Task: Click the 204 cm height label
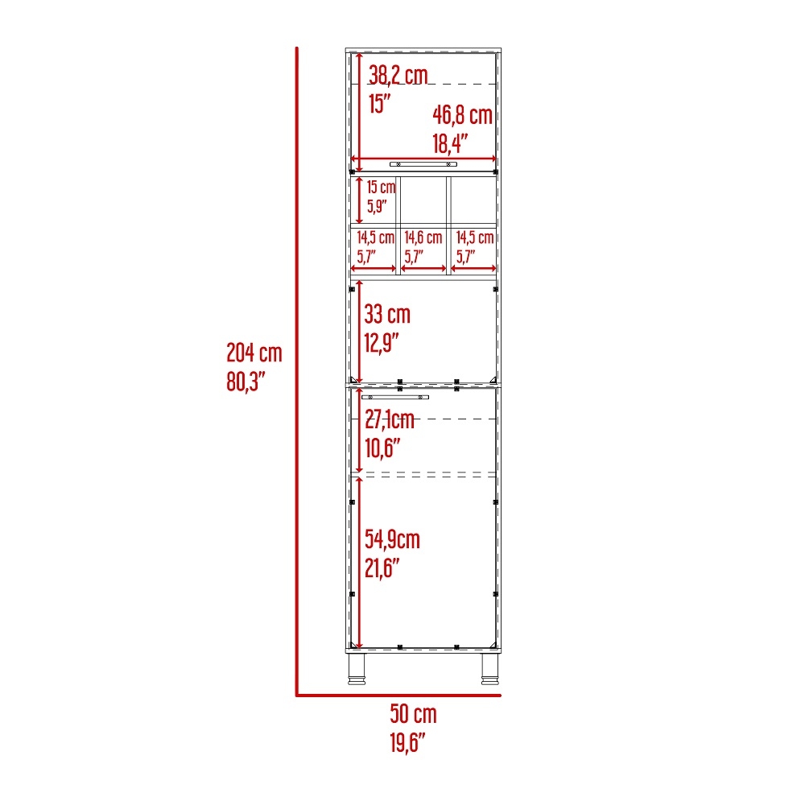pos(254,352)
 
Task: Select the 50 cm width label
pos(413,713)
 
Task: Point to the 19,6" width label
pos(407,742)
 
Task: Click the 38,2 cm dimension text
pos(398,76)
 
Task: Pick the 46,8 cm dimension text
pos(462,115)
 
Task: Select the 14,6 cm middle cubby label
pos(423,237)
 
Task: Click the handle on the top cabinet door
pos(423,163)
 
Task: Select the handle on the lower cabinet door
pos(395,397)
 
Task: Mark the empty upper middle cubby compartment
pos(423,200)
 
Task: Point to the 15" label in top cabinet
pos(379,104)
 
